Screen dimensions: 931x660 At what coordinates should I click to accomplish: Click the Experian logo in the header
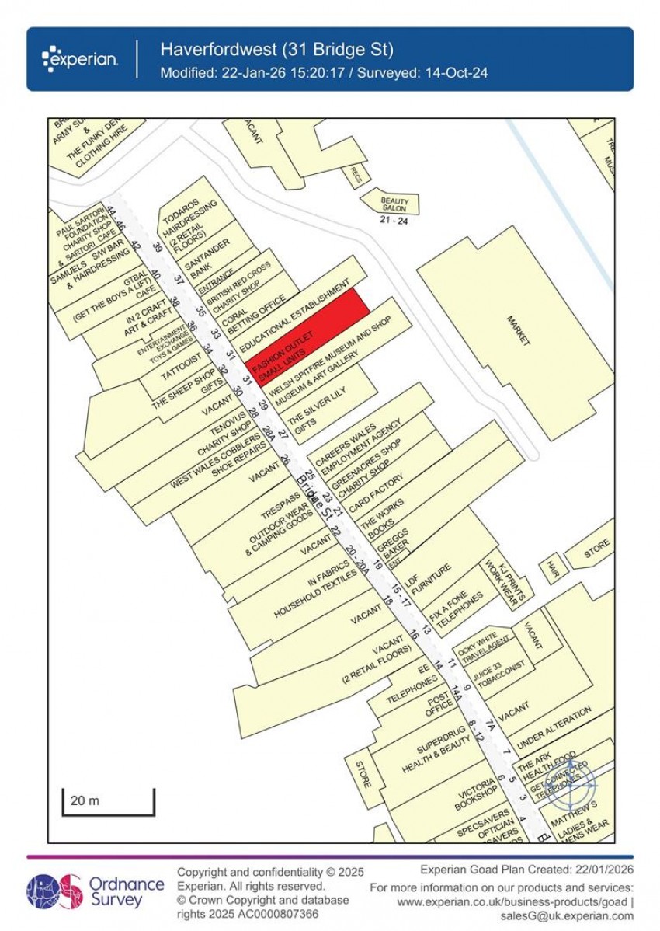click(x=81, y=59)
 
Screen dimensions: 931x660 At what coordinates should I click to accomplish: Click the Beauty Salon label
click(x=394, y=204)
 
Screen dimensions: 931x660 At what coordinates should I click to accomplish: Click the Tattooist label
click(x=181, y=365)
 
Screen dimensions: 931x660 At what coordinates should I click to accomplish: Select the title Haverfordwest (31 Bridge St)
click(x=277, y=50)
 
